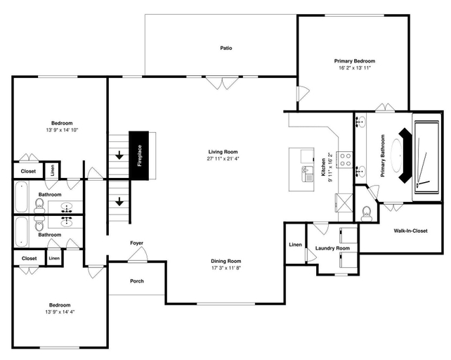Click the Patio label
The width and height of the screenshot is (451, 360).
226,48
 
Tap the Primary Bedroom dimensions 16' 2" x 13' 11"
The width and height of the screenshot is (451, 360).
355,68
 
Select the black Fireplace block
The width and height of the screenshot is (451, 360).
138,155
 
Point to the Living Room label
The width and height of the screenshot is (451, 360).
223,152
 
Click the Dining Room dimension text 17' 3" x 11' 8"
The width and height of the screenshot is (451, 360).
225,268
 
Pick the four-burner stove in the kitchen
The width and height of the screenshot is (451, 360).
346,160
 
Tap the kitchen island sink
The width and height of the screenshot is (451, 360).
308,174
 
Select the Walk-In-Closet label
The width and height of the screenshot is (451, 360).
410,231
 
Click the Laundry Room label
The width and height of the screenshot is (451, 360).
332,248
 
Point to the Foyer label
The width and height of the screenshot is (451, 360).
136,243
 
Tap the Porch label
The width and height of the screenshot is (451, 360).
137,281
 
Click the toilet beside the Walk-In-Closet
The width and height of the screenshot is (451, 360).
367,213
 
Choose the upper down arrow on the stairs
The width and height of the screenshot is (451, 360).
119,156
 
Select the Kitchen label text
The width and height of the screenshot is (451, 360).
323,167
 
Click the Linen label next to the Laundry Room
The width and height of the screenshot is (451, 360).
295,245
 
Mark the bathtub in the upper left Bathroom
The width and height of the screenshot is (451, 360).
22,197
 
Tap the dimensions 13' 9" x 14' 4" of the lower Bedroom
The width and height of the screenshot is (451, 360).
60,311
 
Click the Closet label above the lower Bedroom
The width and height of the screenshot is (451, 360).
29,259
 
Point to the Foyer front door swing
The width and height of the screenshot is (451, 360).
138,255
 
